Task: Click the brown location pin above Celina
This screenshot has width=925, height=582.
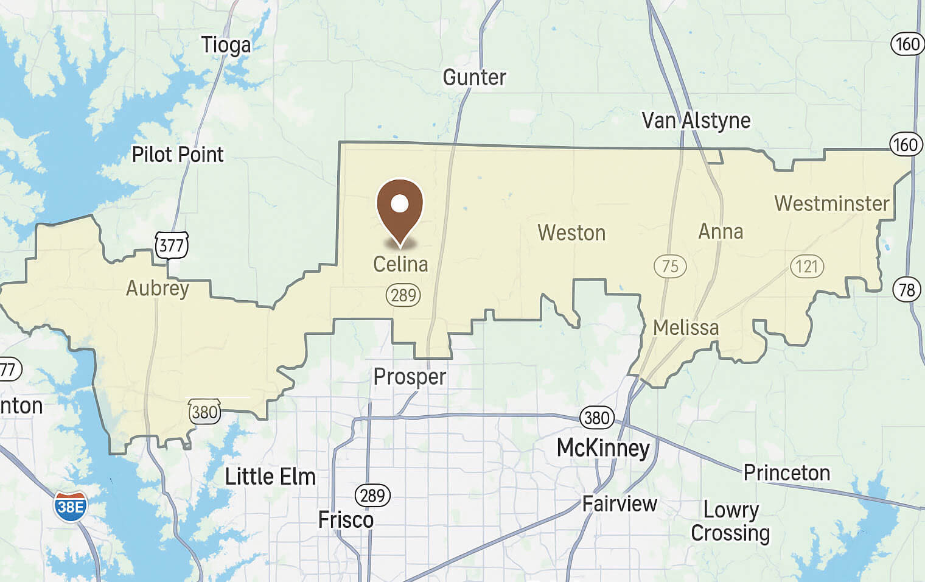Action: [x=400, y=207]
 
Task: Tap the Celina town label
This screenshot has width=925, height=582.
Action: [x=400, y=264]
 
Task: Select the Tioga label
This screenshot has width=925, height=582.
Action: [x=226, y=45]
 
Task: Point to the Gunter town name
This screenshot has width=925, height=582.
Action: [x=474, y=77]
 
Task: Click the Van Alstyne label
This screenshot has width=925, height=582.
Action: [x=696, y=121]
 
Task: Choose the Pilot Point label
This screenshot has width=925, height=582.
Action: [x=178, y=155]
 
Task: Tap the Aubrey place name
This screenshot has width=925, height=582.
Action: [x=158, y=288]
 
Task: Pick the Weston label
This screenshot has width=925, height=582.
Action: [x=571, y=233]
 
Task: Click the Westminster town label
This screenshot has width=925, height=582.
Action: [x=831, y=203]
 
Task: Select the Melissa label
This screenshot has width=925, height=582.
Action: [x=686, y=328]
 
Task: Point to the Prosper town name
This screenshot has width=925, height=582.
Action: [x=410, y=377]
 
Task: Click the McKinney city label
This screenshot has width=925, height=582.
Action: [x=603, y=448]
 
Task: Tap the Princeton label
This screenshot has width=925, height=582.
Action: [x=786, y=473]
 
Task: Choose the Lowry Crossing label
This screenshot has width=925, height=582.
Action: [x=730, y=521]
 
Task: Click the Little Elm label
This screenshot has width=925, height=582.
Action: [x=270, y=477]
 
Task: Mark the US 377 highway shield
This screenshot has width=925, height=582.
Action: [x=171, y=245]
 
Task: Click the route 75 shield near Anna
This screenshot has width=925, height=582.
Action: [x=670, y=266]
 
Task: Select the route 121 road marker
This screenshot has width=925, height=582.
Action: [x=807, y=266]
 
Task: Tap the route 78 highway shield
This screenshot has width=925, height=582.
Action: [x=907, y=289]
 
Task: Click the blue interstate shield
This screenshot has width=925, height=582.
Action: [x=70, y=507]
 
